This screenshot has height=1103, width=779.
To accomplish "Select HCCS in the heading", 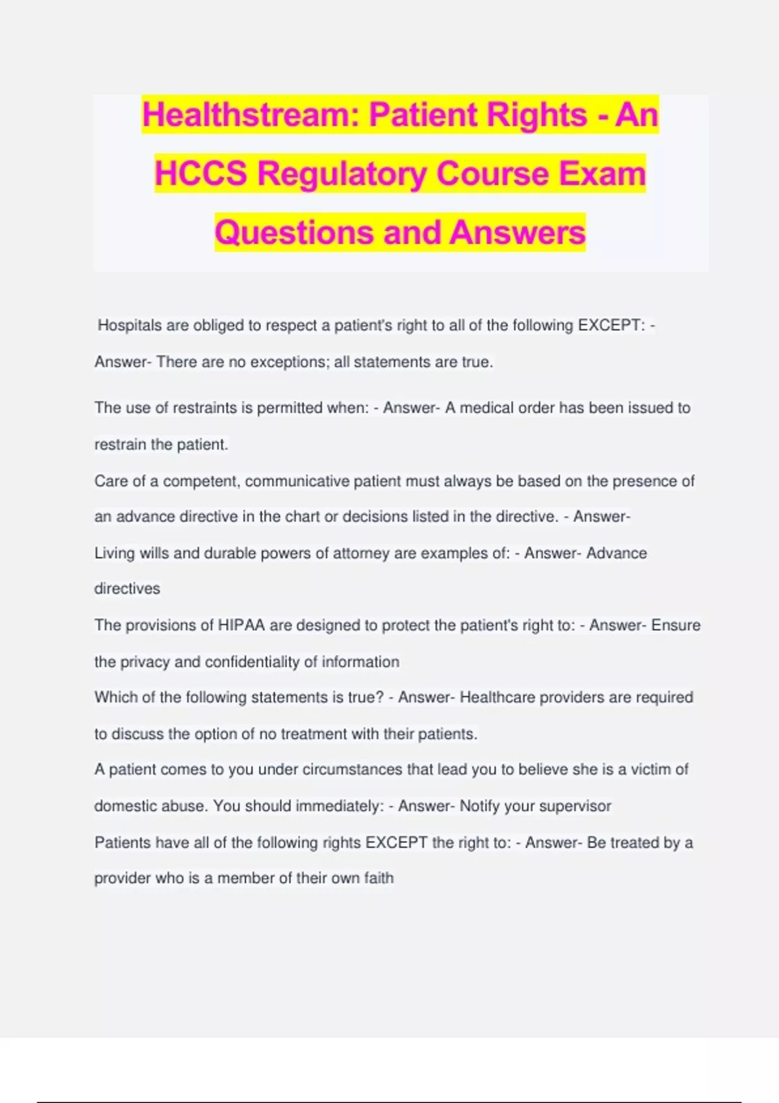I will pos(201,174).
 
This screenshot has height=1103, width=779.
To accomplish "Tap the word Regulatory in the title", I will pos(341,174).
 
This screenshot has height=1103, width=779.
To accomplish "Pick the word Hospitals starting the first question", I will pos(129,326).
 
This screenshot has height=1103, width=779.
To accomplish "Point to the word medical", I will pos(486,408).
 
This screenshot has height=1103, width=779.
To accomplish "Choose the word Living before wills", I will pos(113,553).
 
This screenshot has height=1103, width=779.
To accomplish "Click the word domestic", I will pos(123,806).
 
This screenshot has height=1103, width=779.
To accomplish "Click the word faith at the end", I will pos(378,879).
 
